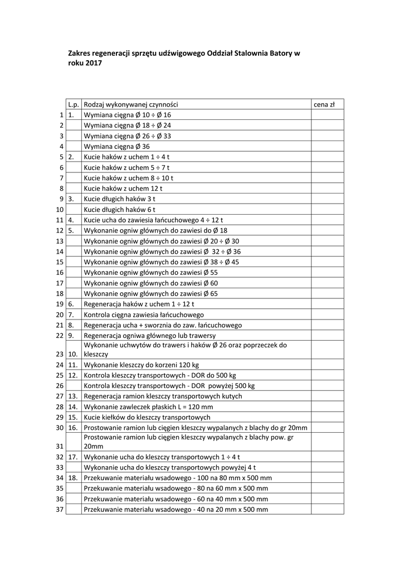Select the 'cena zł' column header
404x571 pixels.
pyautogui.click(x=324, y=104)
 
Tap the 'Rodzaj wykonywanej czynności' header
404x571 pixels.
pyautogui.click(x=130, y=104)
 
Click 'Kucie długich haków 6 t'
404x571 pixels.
pyautogui.click(x=119, y=209)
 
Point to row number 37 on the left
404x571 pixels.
pyautogui.click(x=60, y=509)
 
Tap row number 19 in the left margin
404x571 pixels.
pyautogui.click(x=60, y=304)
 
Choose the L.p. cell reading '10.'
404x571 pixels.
pyautogui.click(x=73, y=354)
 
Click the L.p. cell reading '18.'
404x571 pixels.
pyautogui.click(x=72, y=478)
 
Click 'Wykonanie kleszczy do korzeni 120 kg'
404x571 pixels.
pyautogui.click(x=140, y=365)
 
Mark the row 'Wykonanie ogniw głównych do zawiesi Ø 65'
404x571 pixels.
pyautogui.click(x=150, y=293)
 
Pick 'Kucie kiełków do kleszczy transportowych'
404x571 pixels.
pyautogui.click(x=147, y=417)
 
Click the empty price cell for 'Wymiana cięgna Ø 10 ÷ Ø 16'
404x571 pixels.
pyautogui.click(x=327, y=115)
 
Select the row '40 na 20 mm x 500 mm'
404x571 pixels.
pyautogui.click(x=176, y=509)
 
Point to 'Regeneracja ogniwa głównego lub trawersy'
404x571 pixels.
pyautogui.click(x=149, y=336)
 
